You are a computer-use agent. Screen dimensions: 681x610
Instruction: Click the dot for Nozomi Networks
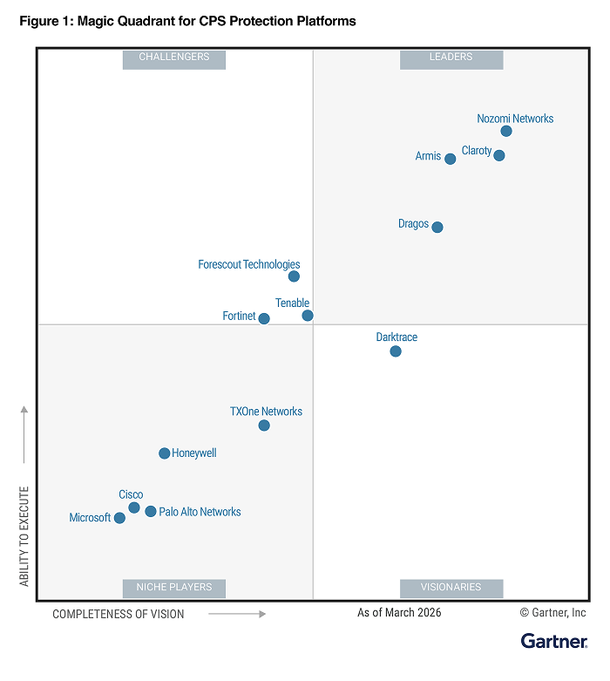tap(506, 132)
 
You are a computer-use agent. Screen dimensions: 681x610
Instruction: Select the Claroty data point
tap(498, 156)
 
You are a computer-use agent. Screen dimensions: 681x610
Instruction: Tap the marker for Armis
tap(450, 159)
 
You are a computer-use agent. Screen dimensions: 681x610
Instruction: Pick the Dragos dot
tap(437, 228)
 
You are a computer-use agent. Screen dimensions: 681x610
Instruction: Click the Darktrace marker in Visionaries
tap(396, 351)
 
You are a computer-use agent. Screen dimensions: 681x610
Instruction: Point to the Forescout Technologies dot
tap(294, 276)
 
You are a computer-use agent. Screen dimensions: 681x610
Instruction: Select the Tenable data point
tap(308, 316)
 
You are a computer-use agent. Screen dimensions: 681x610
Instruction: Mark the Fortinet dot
tap(264, 319)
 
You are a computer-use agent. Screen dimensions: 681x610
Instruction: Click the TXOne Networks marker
tap(264, 426)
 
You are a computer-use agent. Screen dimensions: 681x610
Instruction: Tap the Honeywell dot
tap(164, 453)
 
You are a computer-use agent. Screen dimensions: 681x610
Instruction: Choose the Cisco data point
tap(134, 507)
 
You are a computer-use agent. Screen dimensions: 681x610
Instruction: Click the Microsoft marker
tap(119, 518)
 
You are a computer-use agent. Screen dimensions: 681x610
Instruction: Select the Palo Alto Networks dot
tap(151, 512)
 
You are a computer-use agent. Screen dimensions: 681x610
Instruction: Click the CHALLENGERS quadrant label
tap(174, 58)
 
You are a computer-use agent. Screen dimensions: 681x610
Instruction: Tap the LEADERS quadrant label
tap(451, 58)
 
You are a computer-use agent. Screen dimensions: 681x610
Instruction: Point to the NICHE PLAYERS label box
tap(174, 588)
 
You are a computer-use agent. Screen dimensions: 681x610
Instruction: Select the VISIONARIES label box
tap(451, 588)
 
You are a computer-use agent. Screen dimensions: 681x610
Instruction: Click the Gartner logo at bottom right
tap(553, 642)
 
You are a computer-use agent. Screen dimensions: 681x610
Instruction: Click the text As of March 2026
tap(399, 613)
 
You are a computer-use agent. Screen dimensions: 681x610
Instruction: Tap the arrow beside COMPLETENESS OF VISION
tap(237, 614)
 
